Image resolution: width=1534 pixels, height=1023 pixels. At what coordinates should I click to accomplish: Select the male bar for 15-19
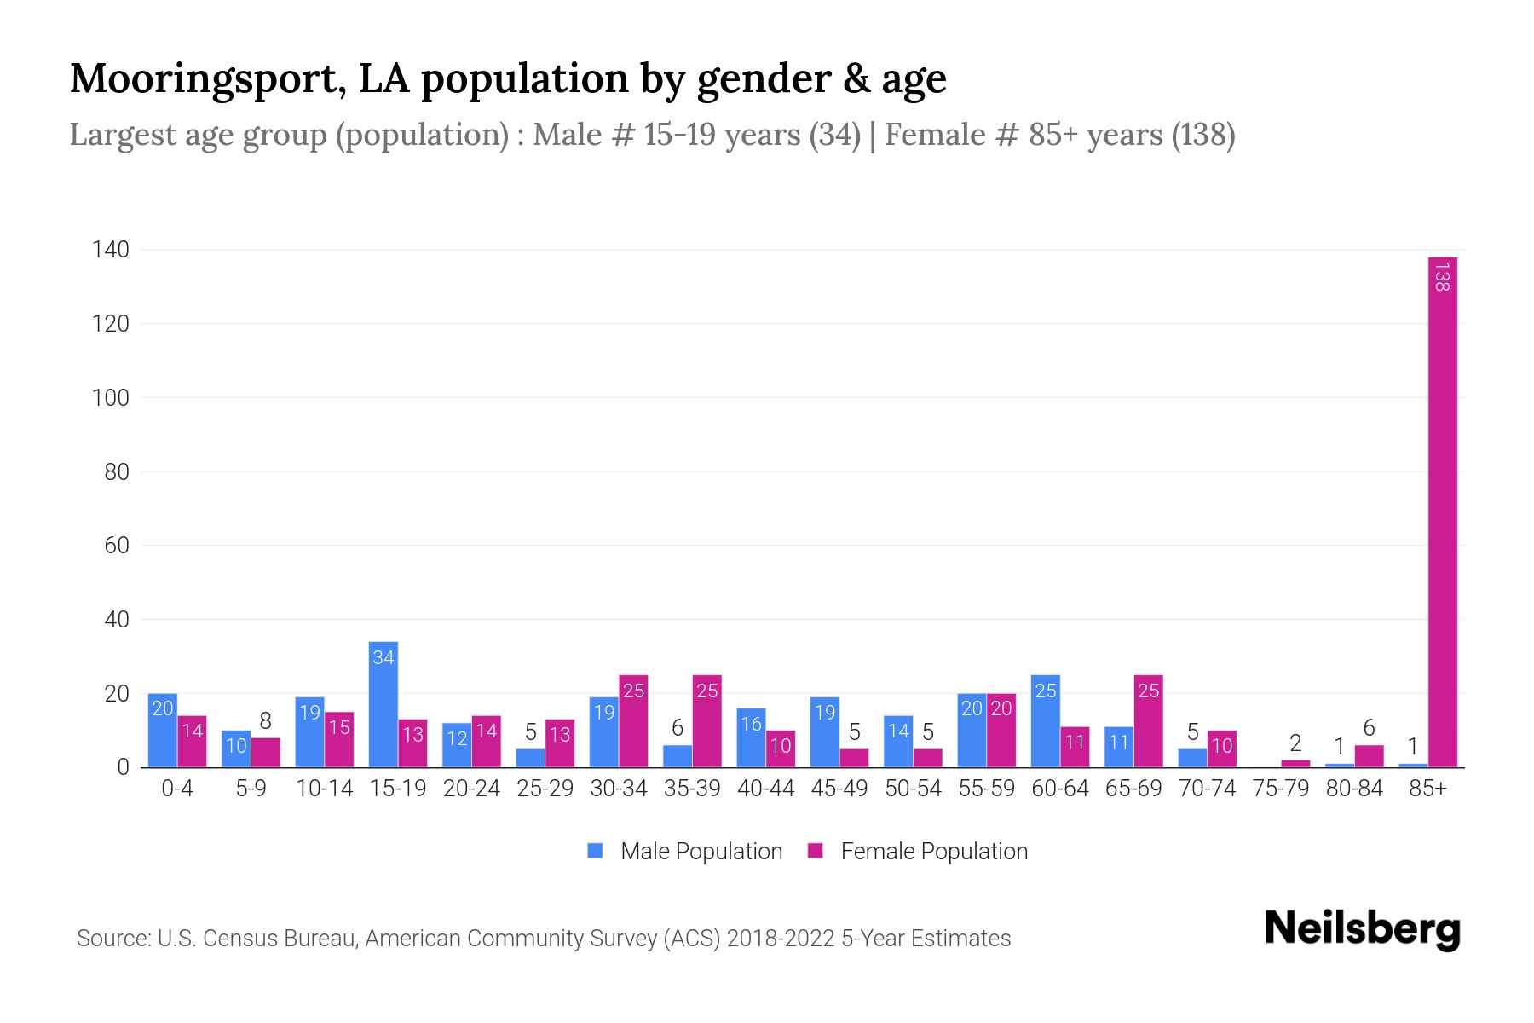pos(383,708)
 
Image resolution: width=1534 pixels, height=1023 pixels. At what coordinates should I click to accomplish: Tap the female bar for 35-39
pos(706,725)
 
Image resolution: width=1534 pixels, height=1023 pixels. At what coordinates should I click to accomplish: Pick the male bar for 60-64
pos(1045,725)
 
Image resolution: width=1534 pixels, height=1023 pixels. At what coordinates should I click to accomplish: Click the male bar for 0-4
pos(163,733)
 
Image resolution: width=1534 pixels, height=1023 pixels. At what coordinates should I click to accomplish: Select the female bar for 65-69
pos(1148,725)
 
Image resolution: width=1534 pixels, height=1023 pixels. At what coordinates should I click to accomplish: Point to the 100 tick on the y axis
pos(111,398)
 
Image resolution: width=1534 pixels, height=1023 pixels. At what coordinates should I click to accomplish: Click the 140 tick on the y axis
pos(111,250)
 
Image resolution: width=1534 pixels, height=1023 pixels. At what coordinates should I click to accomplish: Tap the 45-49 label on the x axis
pos(839,789)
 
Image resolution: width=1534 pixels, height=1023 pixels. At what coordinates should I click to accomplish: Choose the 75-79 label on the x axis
pos(1280,789)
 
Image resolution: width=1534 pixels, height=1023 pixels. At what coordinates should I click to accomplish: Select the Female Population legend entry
pos(918,851)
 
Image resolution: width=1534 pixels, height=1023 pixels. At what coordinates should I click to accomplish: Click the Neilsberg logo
pos(1362,929)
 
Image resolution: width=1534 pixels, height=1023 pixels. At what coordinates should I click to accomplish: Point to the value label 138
pos(1442,277)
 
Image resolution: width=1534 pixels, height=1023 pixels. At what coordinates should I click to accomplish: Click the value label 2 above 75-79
pos(1295,743)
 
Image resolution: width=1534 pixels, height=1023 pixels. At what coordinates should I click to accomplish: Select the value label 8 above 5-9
pos(265,721)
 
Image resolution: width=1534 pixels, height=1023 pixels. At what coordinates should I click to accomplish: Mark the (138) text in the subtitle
pos(1202,135)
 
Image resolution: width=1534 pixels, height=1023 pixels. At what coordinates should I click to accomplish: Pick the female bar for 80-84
pos(1369,757)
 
